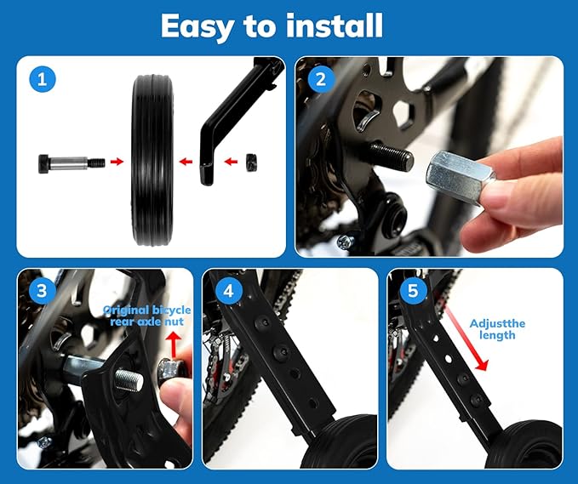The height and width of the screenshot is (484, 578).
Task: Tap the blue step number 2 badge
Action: point(320,81)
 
